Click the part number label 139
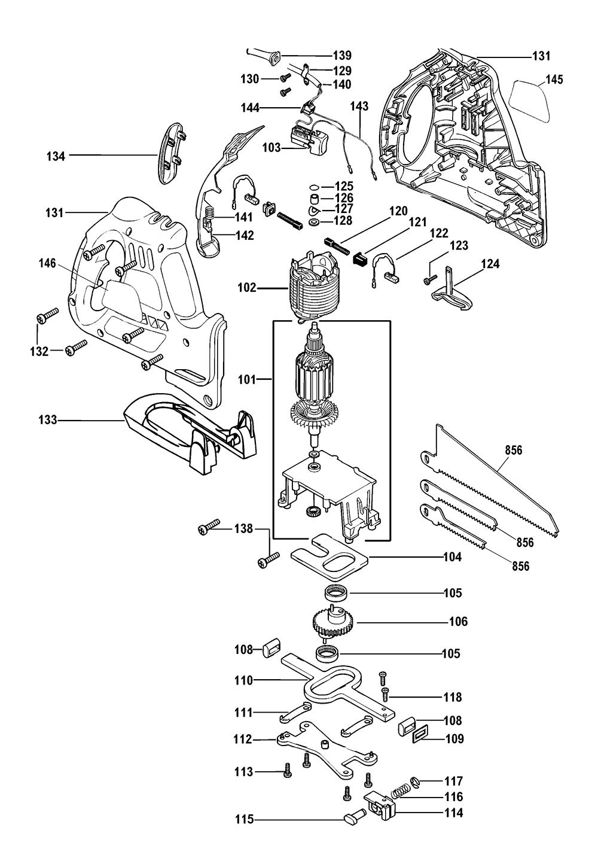(342, 56)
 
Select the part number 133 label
(48, 420)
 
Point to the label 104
(452, 556)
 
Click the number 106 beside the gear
(458, 621)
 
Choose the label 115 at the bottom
(244, 819)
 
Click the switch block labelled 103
(307, 139)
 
